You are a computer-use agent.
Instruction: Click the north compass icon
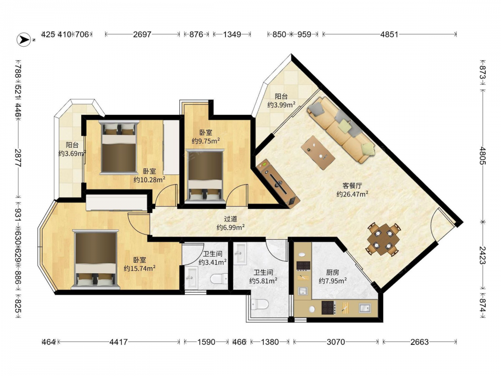24,40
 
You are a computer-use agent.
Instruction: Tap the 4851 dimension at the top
389,34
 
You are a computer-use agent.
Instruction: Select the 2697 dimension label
142,34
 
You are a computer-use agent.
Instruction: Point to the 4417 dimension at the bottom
119,342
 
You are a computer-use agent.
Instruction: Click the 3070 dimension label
336,342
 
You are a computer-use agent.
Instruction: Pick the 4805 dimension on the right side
482,156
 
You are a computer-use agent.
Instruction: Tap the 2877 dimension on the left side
18,158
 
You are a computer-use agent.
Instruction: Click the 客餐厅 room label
352,185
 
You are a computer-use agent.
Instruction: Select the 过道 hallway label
230,219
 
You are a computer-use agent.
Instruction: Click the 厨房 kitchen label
333,272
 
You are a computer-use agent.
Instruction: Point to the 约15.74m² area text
140,268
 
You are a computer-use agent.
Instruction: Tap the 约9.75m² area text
205,141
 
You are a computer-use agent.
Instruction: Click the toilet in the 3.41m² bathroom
219,279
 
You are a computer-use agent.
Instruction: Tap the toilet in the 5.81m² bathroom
260,304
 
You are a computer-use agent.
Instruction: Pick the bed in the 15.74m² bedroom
95,259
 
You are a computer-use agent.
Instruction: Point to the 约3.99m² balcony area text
281,105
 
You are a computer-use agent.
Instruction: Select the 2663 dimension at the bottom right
419,342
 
